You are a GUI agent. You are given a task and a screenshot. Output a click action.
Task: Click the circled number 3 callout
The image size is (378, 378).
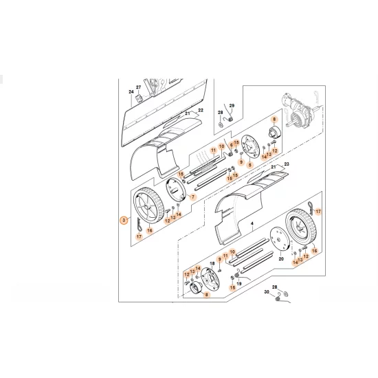(123, 221)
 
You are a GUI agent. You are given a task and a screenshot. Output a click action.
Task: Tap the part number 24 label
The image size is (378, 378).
(131, 91)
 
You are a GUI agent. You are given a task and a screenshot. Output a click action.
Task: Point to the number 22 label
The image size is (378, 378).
(201, 110)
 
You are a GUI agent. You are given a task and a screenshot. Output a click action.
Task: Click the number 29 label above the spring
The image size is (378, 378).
(232, 105)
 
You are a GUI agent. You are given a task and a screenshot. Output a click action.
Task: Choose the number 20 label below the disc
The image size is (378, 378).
(280, 259)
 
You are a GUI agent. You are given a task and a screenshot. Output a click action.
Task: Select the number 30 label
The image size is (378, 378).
(267, 292)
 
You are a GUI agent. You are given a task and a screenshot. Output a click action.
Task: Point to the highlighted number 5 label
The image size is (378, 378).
(250, 166)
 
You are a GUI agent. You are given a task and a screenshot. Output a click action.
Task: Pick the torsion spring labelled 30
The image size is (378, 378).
(277, 297)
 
